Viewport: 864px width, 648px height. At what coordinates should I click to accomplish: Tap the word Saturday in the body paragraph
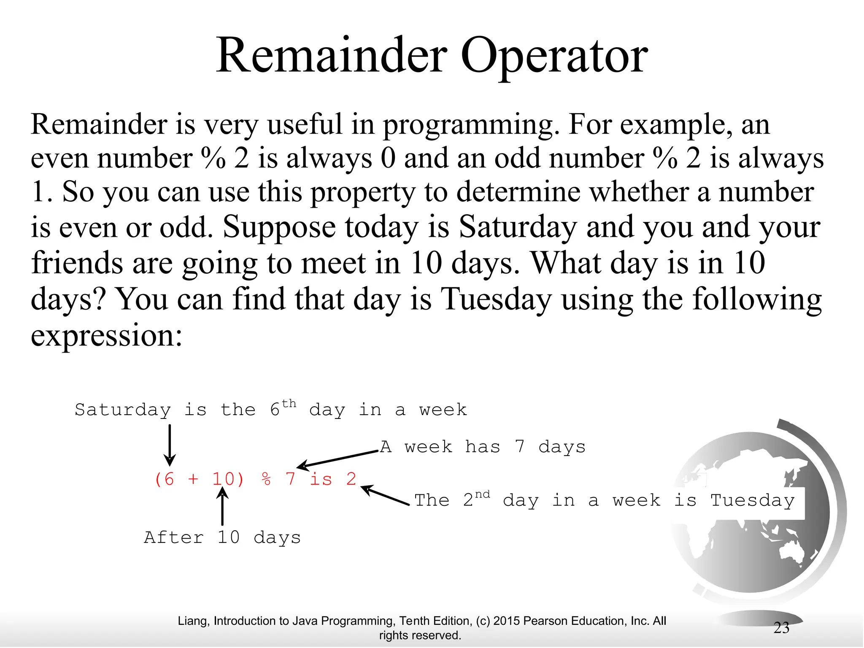[x=517, y=227]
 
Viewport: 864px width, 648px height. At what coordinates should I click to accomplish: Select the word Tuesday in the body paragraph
[x=496, y=299]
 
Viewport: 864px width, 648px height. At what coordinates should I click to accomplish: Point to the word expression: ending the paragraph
[x=106, y=336]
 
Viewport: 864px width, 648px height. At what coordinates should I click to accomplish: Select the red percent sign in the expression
[x=266, y=479]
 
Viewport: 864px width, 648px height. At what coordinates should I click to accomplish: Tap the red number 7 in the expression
[x=290, y=479]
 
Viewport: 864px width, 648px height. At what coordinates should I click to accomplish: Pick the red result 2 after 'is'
[x=351, y=479]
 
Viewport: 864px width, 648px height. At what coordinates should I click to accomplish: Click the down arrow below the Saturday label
[x=170, y=445]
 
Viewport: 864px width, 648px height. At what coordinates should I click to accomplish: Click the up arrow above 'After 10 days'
[x=222, y=506]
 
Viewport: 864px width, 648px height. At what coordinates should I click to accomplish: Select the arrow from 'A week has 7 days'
[x=337, y=459]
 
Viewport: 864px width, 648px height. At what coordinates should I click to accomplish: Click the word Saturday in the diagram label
[x=123, y=410]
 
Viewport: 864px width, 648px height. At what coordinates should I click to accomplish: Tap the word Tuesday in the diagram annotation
[x=752, y=501]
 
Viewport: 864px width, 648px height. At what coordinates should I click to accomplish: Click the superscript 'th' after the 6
[x=289, y=404]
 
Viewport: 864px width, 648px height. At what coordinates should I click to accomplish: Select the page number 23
[x=781, y=628]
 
